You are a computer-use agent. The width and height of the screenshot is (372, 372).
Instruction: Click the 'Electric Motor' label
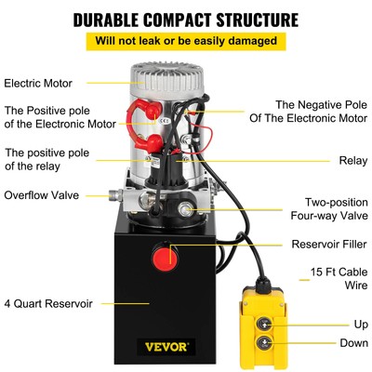(x=38, y=82)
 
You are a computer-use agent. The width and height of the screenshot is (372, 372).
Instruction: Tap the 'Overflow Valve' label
(x=40, y=195)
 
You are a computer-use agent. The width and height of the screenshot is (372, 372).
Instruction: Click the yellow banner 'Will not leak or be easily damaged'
(x=186, y=41)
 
